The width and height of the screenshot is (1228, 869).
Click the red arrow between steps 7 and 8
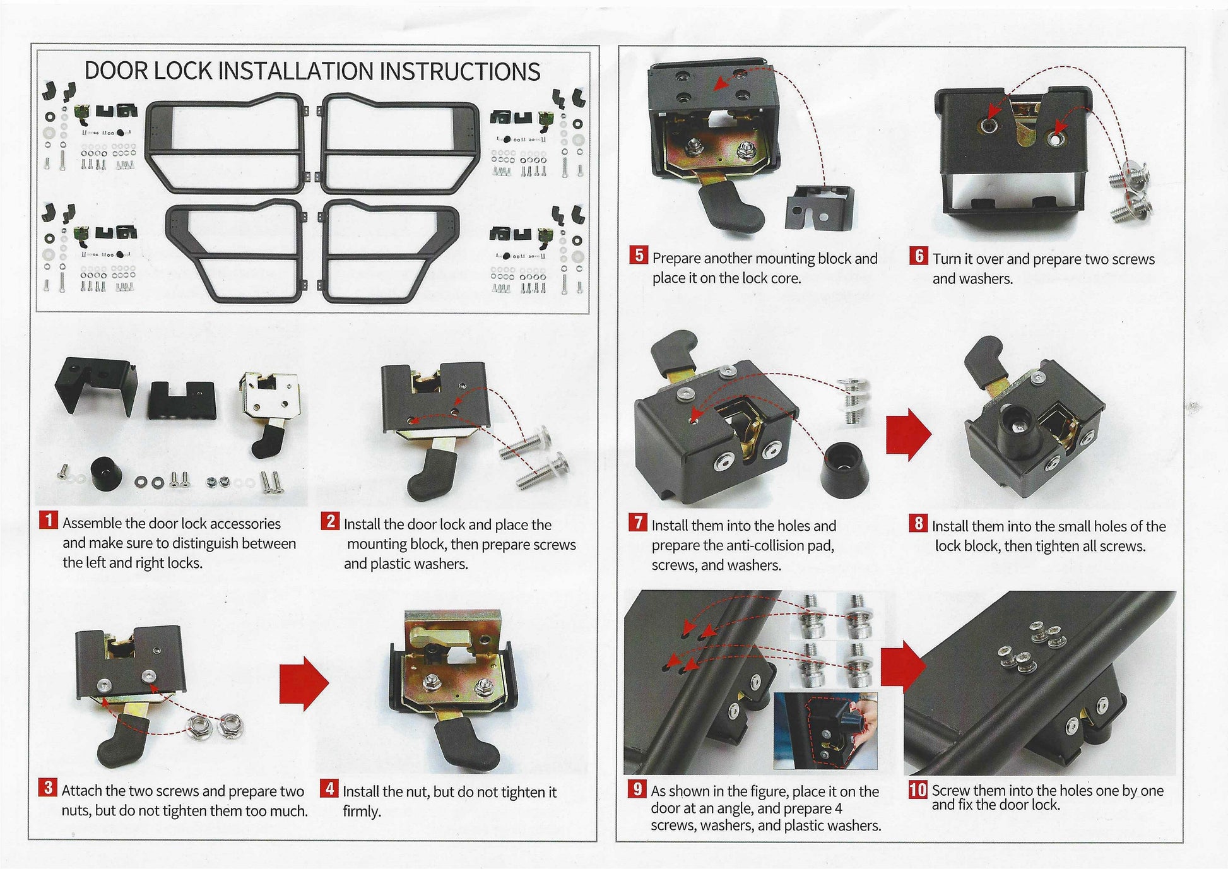(908, 434)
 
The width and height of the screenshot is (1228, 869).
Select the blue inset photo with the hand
(825, 731)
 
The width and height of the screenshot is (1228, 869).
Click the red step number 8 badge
(918, 523)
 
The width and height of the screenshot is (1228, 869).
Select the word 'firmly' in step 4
(360, 811)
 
